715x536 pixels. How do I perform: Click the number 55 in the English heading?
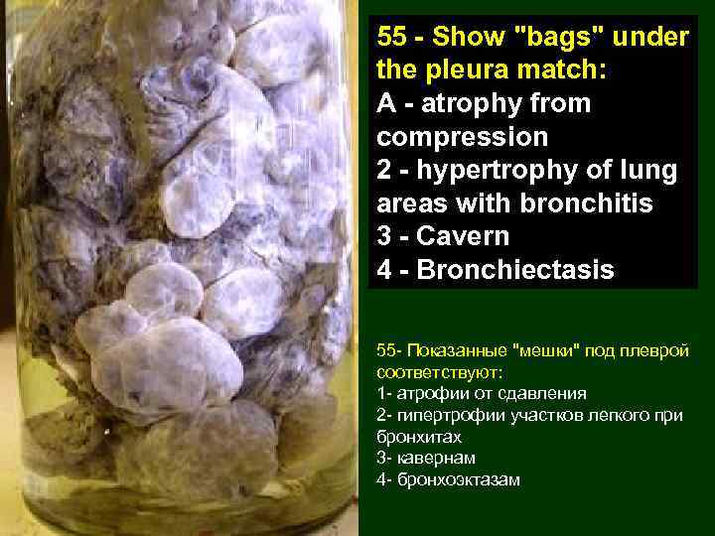[x=393, y=39]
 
